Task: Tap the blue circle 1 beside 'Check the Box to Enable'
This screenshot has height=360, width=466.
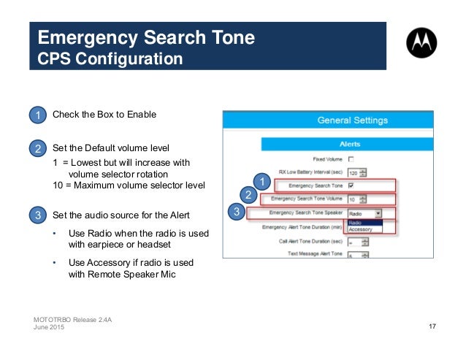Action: tap(37, 115)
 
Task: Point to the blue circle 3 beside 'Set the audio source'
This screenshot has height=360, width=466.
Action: tap(37, 215)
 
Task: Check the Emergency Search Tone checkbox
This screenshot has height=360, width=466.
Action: tap(351, 185)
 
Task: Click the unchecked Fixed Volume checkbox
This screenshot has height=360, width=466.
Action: tap(351, 158)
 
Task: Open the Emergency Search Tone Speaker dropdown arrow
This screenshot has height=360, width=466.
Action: tap(378, 213)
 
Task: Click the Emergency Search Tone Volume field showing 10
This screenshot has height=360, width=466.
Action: tap(356, 199)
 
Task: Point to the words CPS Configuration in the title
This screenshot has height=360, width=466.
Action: tap(110, 58)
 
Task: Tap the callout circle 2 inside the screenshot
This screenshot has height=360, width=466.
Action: tap(248, 195)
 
